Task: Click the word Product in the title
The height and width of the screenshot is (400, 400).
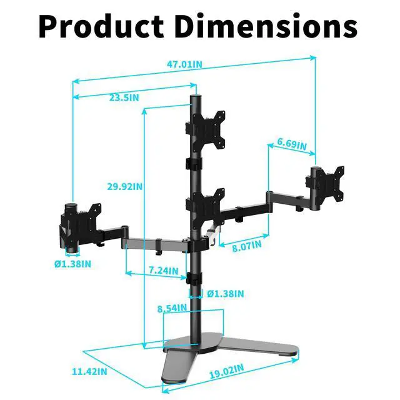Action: coord(101,26)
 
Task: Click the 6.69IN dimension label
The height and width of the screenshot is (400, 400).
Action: coord(292,145)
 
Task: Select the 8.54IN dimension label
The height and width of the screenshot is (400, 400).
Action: coord(172,308)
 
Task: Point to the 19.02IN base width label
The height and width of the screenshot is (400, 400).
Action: coord(227,374)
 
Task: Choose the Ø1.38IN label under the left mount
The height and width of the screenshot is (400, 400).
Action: coord(72,264)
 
